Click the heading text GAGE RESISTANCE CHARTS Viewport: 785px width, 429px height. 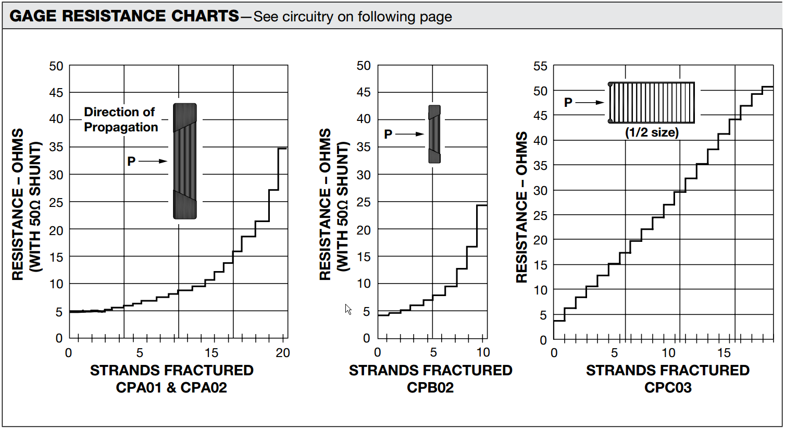pos(124,16)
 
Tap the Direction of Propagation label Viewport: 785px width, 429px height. pos(120,119)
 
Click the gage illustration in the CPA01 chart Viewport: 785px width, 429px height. pos(185,161)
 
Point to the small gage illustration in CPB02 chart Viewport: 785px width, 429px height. pos(434,134)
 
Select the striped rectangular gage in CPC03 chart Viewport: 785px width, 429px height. pos(652,102)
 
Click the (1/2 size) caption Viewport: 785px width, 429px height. pos(652,132)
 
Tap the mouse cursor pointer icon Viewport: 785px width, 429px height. pos(348,309)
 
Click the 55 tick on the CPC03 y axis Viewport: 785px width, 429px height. pos(540,66)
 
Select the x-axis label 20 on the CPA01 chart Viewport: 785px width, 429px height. pos(283,353)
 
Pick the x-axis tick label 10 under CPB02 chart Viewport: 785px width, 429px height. pos(483,352)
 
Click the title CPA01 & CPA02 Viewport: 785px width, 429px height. pos(171,388)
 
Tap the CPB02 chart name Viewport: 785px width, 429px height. pos(430,388)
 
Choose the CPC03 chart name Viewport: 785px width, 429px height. pos(667,388)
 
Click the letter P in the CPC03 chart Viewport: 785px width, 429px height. pos(568,103)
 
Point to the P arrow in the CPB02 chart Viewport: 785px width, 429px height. pos(410,134)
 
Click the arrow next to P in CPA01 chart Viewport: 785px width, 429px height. pos(153,161)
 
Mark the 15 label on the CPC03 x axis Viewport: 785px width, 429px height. pos(724,353)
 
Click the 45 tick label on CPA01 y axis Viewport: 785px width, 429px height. pos(56,93)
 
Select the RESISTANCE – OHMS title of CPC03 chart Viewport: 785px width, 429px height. pos(521,207)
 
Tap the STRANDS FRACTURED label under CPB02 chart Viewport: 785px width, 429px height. pos(430,371)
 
